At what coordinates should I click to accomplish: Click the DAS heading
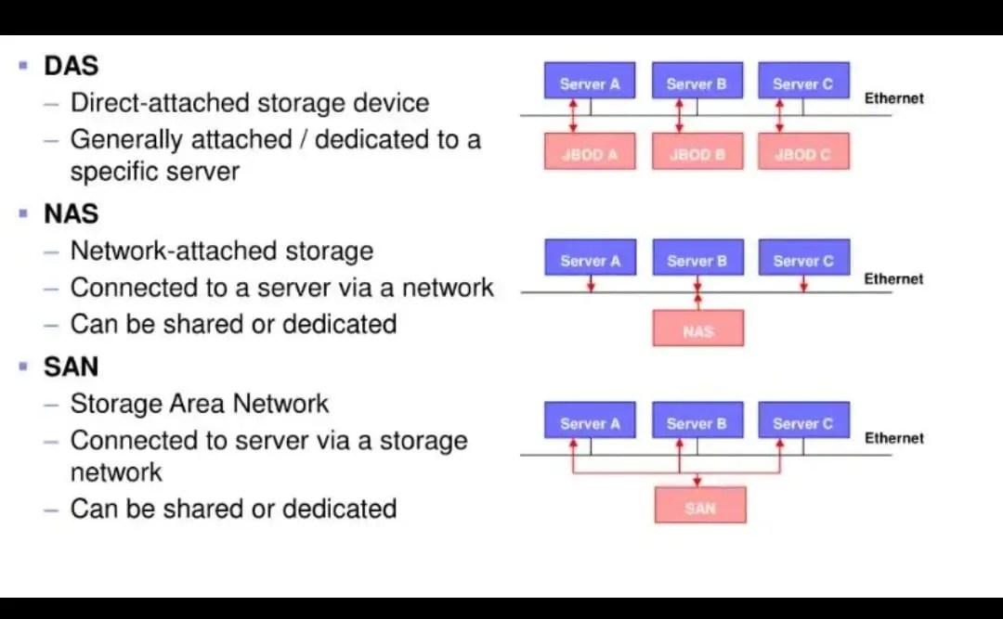click(71, 66)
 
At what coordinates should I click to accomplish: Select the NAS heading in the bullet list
click(71, 213)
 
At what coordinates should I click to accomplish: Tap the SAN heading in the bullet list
click(71, 367)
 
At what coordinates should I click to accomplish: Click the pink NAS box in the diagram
click(697, 329)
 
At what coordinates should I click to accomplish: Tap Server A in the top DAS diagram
click(590, 84)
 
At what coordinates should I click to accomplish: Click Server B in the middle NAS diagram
click(697, 261)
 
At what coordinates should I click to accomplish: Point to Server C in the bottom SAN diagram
click(802, 423)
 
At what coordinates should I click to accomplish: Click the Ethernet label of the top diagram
click(893, 98)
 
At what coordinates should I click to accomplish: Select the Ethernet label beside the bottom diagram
click(893, 438)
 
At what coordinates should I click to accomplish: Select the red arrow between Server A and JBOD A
click(573, 115)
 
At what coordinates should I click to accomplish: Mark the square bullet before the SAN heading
click(23, 367)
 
